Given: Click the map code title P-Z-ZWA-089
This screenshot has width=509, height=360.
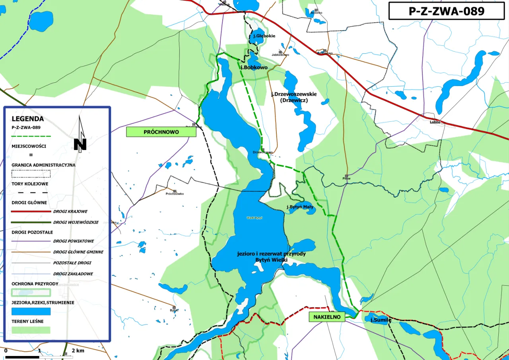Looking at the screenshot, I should [x=447, y=11].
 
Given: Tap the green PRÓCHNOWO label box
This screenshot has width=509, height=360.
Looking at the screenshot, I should [x=161, y=132].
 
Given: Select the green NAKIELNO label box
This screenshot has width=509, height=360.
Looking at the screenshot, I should [x=327, y=317].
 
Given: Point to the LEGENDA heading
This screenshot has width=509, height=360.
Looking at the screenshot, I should [x=28, y=119].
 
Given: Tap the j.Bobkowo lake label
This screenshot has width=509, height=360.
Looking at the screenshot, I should [x=254, y=68].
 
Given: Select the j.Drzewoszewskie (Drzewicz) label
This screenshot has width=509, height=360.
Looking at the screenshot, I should [x=293, y=97].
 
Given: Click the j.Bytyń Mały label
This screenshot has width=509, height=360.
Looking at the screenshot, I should [x=300, y=207].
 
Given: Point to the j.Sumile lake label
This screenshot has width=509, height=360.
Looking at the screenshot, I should [x=381, y=320].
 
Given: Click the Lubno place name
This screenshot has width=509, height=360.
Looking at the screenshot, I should [x=435, y=122].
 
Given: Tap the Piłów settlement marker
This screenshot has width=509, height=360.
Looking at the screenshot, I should [x=347, y=176].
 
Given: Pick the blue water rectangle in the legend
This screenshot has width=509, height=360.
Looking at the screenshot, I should [x=31, y=311].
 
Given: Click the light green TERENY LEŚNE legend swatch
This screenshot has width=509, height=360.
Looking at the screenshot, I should [x=31, y=330].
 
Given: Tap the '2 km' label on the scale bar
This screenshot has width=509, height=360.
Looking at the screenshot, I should [x=78, y=351].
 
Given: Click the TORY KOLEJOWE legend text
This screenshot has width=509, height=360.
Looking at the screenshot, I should [x=30, y=184].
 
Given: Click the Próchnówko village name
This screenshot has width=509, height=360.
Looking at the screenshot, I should [x=175, y=194].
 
